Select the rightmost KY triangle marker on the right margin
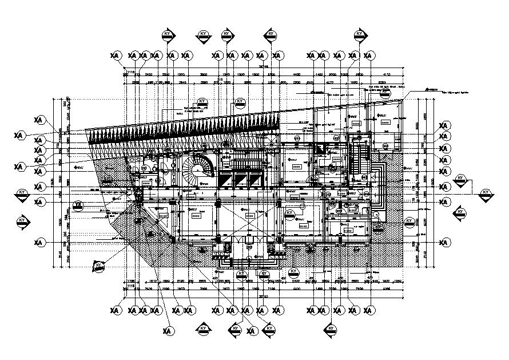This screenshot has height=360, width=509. pos(486,194)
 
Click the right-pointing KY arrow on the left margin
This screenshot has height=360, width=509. pos(22,221)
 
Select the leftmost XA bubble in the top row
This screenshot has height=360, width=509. pos(116,56)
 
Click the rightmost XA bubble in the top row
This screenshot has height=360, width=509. pos(369,56)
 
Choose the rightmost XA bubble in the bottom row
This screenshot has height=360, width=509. pos(369,310)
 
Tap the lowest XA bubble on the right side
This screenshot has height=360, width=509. pos(444,243)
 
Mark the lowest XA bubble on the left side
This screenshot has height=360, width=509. pos(39,243)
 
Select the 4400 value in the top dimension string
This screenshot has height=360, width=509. pos(297,75)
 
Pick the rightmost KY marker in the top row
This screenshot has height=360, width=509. pos(360,35)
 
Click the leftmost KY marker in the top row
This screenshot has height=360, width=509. pos(168,35)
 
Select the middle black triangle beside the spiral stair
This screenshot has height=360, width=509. pos(238,180)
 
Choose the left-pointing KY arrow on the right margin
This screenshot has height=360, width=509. pos(461,213)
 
